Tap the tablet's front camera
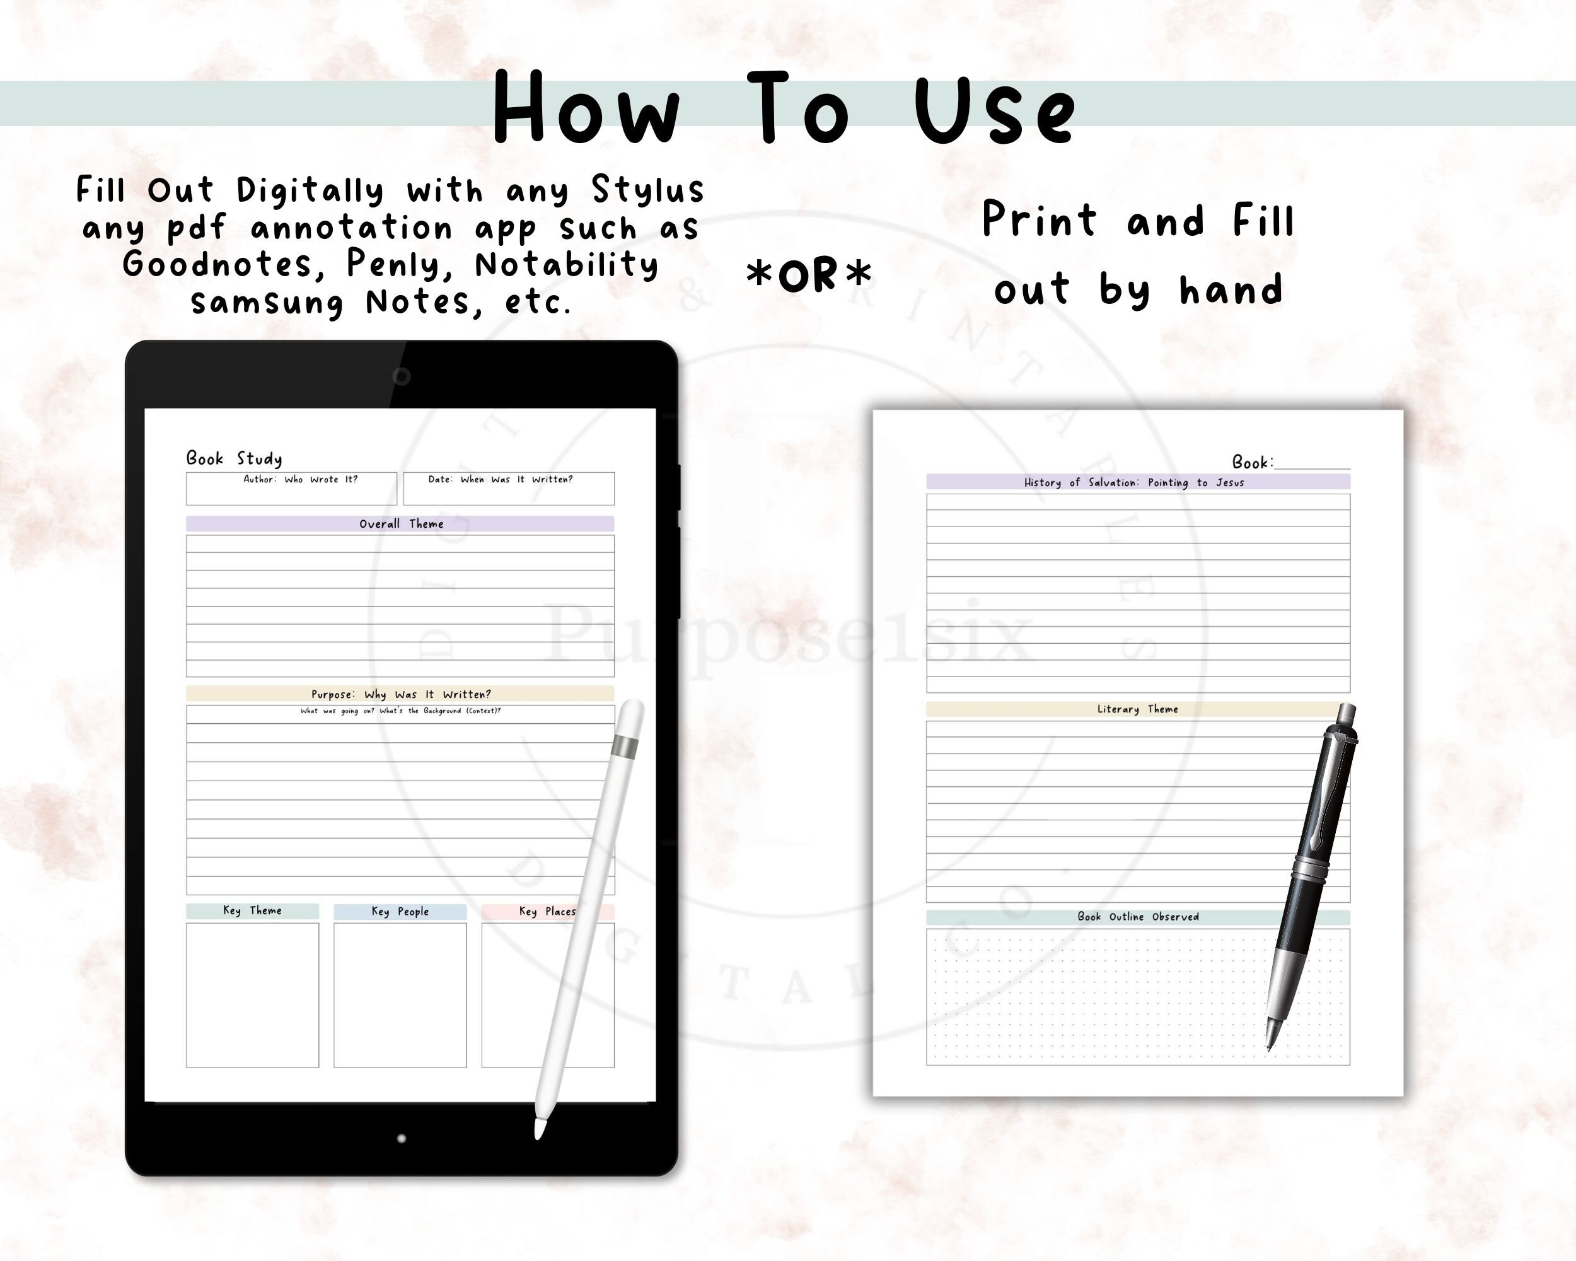click(x=402, y=376)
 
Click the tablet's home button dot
click(x=402, y=1138)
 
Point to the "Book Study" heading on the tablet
click(x=234, y=458)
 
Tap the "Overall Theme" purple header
click(x=400, y=524)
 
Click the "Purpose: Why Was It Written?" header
click(x=400, y=694)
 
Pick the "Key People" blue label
click(x=400, y=912)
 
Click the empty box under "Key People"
click(x=400, y=995)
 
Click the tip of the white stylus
click(x=539, y=1134)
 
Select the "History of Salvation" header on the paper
click(x=1137, y=482)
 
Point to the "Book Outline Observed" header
click(x=1137, y=917)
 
